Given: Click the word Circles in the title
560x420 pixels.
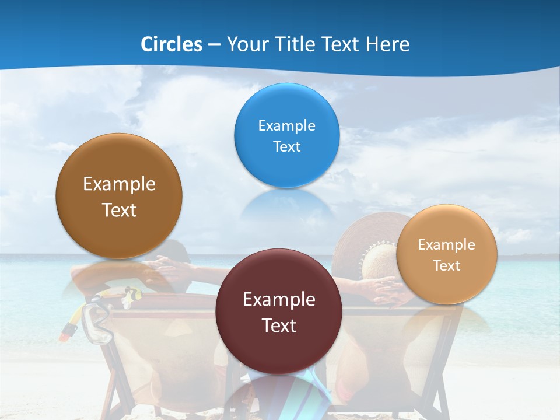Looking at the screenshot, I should (x=171, y=44).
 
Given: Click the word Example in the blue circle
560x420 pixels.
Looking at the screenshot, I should (x=286, y=126).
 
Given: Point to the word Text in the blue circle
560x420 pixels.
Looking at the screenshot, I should (x=286, y=146).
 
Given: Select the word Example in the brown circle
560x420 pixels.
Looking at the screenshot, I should (x=119, y=184).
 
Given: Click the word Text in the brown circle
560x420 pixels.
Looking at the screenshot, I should (x=119, y=210).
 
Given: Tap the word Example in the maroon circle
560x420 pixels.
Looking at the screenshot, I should (x=279, y=300).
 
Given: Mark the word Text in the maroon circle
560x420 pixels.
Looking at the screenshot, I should (x=279, y=325).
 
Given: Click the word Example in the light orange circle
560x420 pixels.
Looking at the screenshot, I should (x=447, y=245).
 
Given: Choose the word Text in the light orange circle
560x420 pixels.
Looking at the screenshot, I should (x=447, y=266).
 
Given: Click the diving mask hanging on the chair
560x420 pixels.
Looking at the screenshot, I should (x=97, y=324).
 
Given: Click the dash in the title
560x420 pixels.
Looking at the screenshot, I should (x=213, y=45).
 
